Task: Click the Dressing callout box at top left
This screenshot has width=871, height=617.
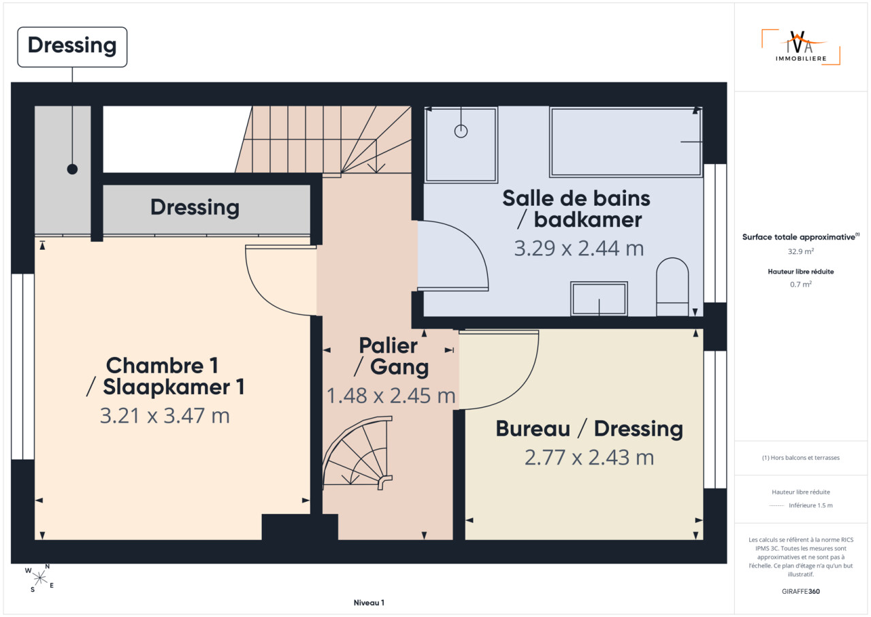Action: click(x=72, y=47)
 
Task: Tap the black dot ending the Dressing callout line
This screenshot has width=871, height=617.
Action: click(x=72, y=169)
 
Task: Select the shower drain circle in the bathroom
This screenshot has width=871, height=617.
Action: click(x=461, y=131)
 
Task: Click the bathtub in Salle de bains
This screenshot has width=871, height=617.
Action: click(x=626, y=142)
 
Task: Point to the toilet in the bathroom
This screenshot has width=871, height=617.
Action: click(x=672, y=287)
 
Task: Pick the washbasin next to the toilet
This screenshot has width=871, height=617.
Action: click(x=599, y=299)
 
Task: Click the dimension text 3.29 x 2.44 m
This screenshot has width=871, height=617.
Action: click(x=579, y=248)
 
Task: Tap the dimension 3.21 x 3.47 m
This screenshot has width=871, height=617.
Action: click(x=165, y=415)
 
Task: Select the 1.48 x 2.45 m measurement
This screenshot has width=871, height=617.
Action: click(x=391, y=396)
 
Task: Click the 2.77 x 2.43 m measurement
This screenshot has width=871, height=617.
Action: click(x=589, y=457)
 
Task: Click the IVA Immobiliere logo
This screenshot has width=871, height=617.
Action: click(x=801, y=47)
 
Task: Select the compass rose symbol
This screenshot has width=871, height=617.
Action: click(x=39, y=578)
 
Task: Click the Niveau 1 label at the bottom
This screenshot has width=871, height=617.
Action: click(x=369, y=603)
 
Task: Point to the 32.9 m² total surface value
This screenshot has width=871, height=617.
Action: click(x=801, y=251)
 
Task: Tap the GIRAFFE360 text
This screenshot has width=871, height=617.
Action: click(x=801, y=591)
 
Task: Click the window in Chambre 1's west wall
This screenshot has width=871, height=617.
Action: click(x=23, y=366)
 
